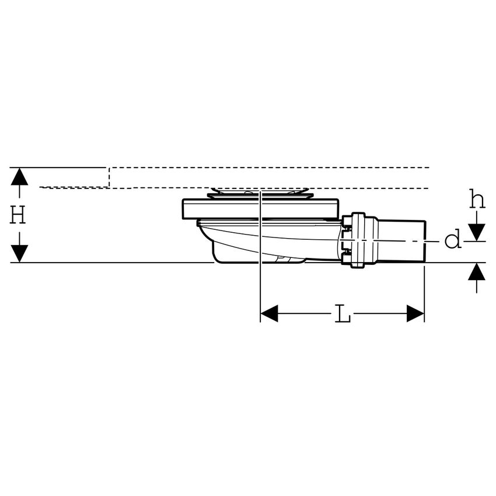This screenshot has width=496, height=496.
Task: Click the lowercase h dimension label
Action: (x=477, y=200)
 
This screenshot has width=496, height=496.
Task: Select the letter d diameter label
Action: (x=453, y=239)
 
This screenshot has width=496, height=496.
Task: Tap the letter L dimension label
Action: (x=343, y=315)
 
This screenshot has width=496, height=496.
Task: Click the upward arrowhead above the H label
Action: (x=19, y=176)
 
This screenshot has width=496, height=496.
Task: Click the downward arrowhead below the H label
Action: (x=19, y=253)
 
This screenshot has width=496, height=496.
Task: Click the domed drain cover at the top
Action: (x=260, y=192)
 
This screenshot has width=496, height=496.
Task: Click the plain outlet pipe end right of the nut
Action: (x=403, y=240)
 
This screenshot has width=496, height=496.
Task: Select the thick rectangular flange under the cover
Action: (x=260, y=208)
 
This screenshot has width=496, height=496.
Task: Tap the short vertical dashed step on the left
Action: (x=110, y=177)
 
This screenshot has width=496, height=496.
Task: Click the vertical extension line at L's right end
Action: (x=424, y=292)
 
